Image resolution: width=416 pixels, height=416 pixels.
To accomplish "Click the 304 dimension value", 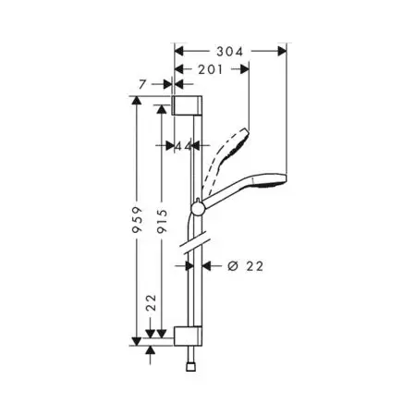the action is click(229, 52).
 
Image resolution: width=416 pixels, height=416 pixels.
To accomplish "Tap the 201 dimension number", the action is click(210, 69).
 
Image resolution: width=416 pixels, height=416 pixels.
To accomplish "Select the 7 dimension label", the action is click(141, 84).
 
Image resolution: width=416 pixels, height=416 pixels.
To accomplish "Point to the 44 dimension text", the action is click(183, 146).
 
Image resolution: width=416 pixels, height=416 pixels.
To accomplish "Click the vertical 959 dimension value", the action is click(138, 220).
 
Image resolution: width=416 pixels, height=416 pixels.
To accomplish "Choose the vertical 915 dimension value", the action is click(162, 221).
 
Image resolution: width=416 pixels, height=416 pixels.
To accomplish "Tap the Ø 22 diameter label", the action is click(246, 266).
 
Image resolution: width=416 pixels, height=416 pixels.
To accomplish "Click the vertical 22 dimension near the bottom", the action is click(151, 302).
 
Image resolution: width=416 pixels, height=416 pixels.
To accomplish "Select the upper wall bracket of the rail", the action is click(187, 105).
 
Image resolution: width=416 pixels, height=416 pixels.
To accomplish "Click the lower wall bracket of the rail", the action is click(188, 336).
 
